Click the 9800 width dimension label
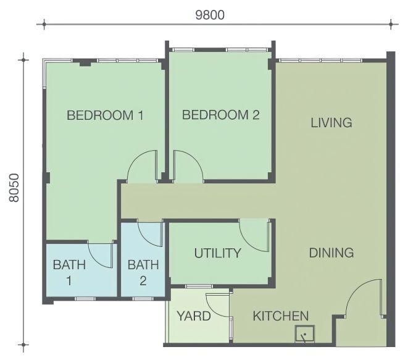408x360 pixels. coord(210,15)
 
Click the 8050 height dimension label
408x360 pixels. coord(14,188)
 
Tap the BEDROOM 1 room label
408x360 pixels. coord(105,115)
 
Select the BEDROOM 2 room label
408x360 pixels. coord(220,115)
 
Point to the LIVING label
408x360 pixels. coord(331,123)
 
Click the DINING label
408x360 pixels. coord(331,253)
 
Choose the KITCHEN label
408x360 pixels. coord(281,316)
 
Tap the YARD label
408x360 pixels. coord(194,316)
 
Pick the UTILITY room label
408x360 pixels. coord(217,253)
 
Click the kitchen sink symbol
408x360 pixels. coord(305,333)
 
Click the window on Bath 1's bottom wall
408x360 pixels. coord(85,299)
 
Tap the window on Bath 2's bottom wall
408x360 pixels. coord(143,299)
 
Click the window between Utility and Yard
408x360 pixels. coord(199,287)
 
